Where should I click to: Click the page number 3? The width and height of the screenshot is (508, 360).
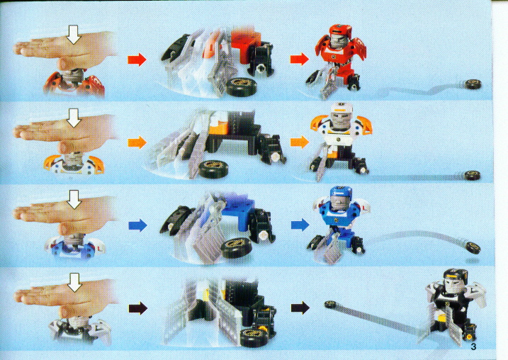tap(473, 347)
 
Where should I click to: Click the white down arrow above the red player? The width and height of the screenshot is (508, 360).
tap(74, 34)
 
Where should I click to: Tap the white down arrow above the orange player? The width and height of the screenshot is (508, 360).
tap(74, 118)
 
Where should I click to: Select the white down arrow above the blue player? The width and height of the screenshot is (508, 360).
tap(74, 199)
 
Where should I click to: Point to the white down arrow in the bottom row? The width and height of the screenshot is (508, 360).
tap(74, 282)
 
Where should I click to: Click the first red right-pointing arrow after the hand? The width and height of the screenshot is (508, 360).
tap(137, 60)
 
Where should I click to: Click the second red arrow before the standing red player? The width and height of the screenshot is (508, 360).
tap(300, 60)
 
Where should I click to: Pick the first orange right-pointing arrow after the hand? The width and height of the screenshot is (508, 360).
tap(137, 142)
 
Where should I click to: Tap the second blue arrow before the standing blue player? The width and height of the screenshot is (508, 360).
tap(300, 225)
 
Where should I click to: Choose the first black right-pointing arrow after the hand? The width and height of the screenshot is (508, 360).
tap(138, 308)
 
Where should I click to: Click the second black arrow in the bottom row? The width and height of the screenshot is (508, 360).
tap(300, 308)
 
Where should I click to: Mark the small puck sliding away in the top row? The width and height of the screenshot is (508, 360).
tap(473, 84)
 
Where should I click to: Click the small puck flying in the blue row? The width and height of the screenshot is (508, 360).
tap(473, 248)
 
